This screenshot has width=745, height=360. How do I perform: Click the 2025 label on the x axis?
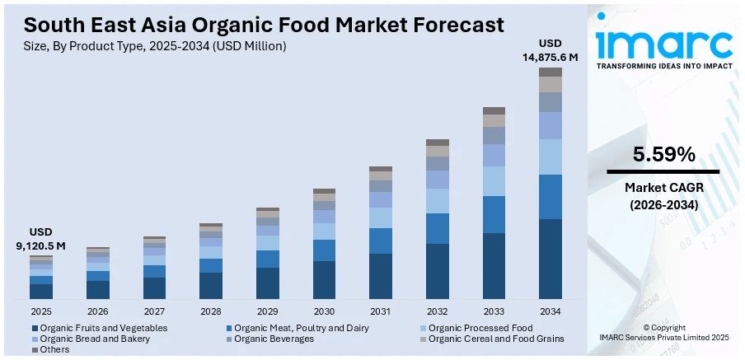point(40,311)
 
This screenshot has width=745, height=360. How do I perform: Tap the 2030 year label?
point(324,311)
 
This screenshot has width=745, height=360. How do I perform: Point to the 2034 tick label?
point(551,311)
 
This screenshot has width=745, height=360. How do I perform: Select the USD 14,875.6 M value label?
point(551,50)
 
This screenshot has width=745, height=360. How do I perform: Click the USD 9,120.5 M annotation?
point(40,239)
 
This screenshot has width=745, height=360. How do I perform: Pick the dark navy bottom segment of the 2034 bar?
point(551,259)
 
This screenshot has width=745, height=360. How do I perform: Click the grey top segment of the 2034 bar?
point(551,72)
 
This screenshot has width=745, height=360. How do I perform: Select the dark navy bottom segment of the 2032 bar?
point(438,271)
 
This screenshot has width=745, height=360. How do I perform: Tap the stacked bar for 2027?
point(154,268)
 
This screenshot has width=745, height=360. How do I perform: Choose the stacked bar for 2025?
point(40,278)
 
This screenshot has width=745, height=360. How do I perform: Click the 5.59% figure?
point(663,154)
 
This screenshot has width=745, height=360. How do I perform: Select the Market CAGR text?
point(663,189)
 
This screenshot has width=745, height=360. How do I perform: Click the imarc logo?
point(663,45)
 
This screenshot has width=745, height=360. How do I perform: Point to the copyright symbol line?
point(663,327)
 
